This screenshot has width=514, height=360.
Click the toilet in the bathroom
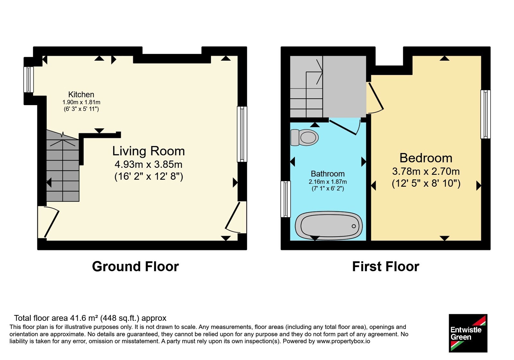pyautogui.click(x=304, y=138)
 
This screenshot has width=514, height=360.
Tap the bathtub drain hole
pyautogui.click(x=354, y=226)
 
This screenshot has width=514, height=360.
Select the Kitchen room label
pyautogui.click(x=81, y=94)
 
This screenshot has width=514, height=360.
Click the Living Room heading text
pyautogui.click(x=148, y=151)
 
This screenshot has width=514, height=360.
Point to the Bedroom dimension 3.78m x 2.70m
pyautogui.click(x=426, y=172)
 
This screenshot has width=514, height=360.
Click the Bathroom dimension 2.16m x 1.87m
pyautogui.click(x=328, y=182)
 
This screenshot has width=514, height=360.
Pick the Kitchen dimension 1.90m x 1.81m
pyautogui.click(x=81, y=102)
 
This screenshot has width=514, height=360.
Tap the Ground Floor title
pyautogui.click(x=135, y=266)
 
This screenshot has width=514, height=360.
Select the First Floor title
pyautogui.click(x=386, y=266)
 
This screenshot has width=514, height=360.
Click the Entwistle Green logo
pyautogui.click(x=468, y=333)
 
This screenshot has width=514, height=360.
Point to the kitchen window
pyautogui.click(x=29, y=79)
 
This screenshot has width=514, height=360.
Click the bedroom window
pyautogui.click(x=485, y=114)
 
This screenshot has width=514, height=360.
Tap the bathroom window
pyautogui.click(x=286, y=199)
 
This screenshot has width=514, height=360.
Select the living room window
pyautogui.click(x=242, y=134)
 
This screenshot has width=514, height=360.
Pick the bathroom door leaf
pyautogui.click(x=342, y=127)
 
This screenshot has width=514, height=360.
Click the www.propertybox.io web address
pyautogui.click(x=343, y=341)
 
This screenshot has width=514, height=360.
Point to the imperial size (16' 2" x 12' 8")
pyautogui.click(x=149, y=176)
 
